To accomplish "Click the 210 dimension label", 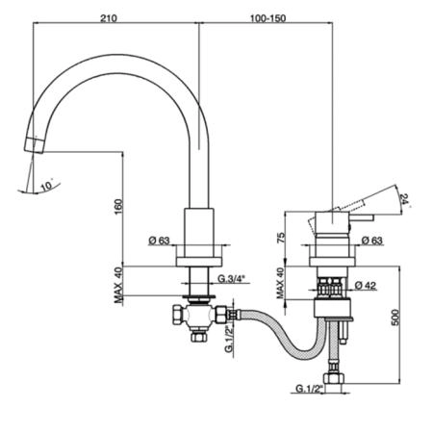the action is [x=109, y=17].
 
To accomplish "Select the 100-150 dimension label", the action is [x=267, y=18].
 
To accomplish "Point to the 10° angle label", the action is [x=47, y=185].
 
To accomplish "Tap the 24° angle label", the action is [x=405, y=200].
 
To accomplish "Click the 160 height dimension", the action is [x=118, y=207].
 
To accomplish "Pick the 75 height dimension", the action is [x=281, y=238].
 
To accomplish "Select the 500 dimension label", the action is [x=395, y=318].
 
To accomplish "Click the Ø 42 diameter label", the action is [x=366, y=285].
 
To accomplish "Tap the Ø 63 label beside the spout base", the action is [x=159, y=240].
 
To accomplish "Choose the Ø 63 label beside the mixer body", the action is [x=372, y=240].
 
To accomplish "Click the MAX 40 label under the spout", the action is [x=118, y=285].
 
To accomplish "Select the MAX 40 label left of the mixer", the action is [x=281, y=283].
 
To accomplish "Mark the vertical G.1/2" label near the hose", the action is [x=229, y=339].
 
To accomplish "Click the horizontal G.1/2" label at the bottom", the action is [x=309, y=389].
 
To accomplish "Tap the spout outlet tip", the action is [x=34, y=145].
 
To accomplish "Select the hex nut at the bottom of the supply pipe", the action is [x=334, y=379].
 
